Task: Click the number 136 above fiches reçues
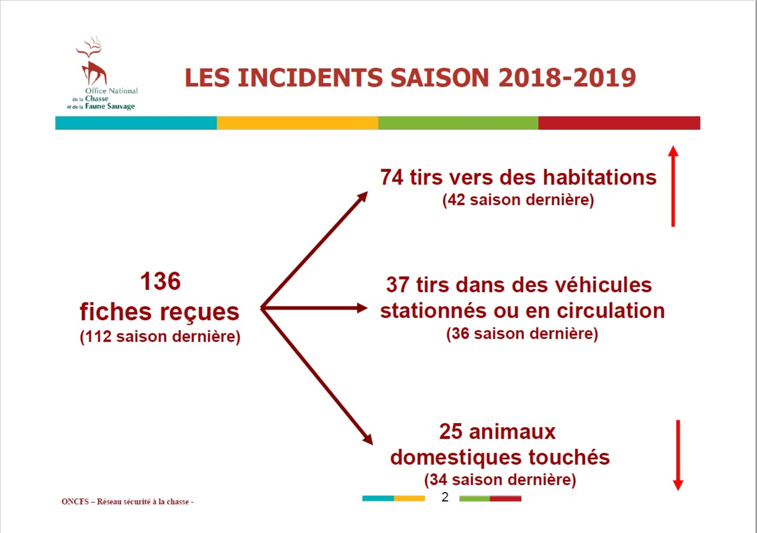pos(160,281)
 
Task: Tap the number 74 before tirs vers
pos(392,178)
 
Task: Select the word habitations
pos(600,178)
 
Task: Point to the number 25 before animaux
pos(451,432)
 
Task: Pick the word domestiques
pos(456,458)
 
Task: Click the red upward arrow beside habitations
pos(673,186)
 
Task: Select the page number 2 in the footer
pos(445,497)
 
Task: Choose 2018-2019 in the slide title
pos(567,77)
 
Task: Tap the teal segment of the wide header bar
pos(136,123)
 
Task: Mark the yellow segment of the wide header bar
pos(297,123)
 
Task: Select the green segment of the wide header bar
pos(458,123)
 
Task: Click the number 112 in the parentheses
pos(98,337)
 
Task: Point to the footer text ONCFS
pos(75,502)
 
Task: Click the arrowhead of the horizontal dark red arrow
pos(362,308)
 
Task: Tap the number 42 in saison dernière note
pos(456,200)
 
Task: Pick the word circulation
pos(611,311)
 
